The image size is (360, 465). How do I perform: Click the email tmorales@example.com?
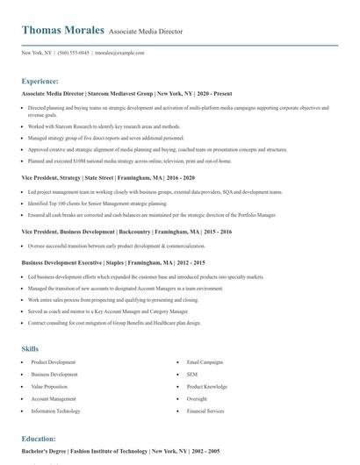point(119,52)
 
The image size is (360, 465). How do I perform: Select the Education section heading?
point(39,438)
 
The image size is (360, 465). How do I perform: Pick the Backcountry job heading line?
point(114,231)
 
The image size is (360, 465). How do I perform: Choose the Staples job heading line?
point(113,262)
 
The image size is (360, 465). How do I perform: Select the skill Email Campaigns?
point(205,361)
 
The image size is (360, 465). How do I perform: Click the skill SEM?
point(192,374)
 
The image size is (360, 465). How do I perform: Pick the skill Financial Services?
point(205,411)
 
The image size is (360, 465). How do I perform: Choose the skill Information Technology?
point(55,411)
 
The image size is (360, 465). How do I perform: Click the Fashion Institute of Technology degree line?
point(120,451)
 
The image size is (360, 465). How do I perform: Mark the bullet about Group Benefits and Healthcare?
point(115,324)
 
